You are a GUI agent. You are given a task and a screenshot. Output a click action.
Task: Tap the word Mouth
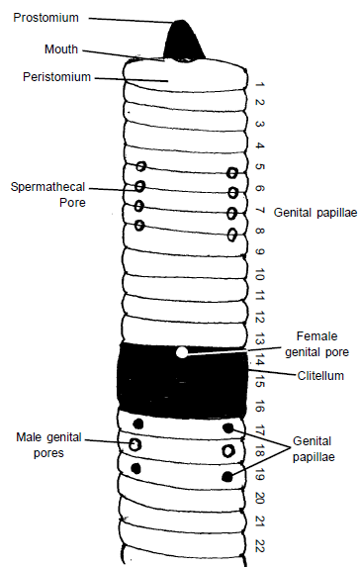tap(61, 48)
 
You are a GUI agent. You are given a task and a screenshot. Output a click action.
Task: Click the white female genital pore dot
tap(181, 351)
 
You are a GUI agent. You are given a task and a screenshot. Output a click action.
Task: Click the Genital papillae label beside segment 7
tap(315, 212)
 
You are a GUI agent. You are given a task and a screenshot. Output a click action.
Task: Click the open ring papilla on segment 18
tap(228, 451)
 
